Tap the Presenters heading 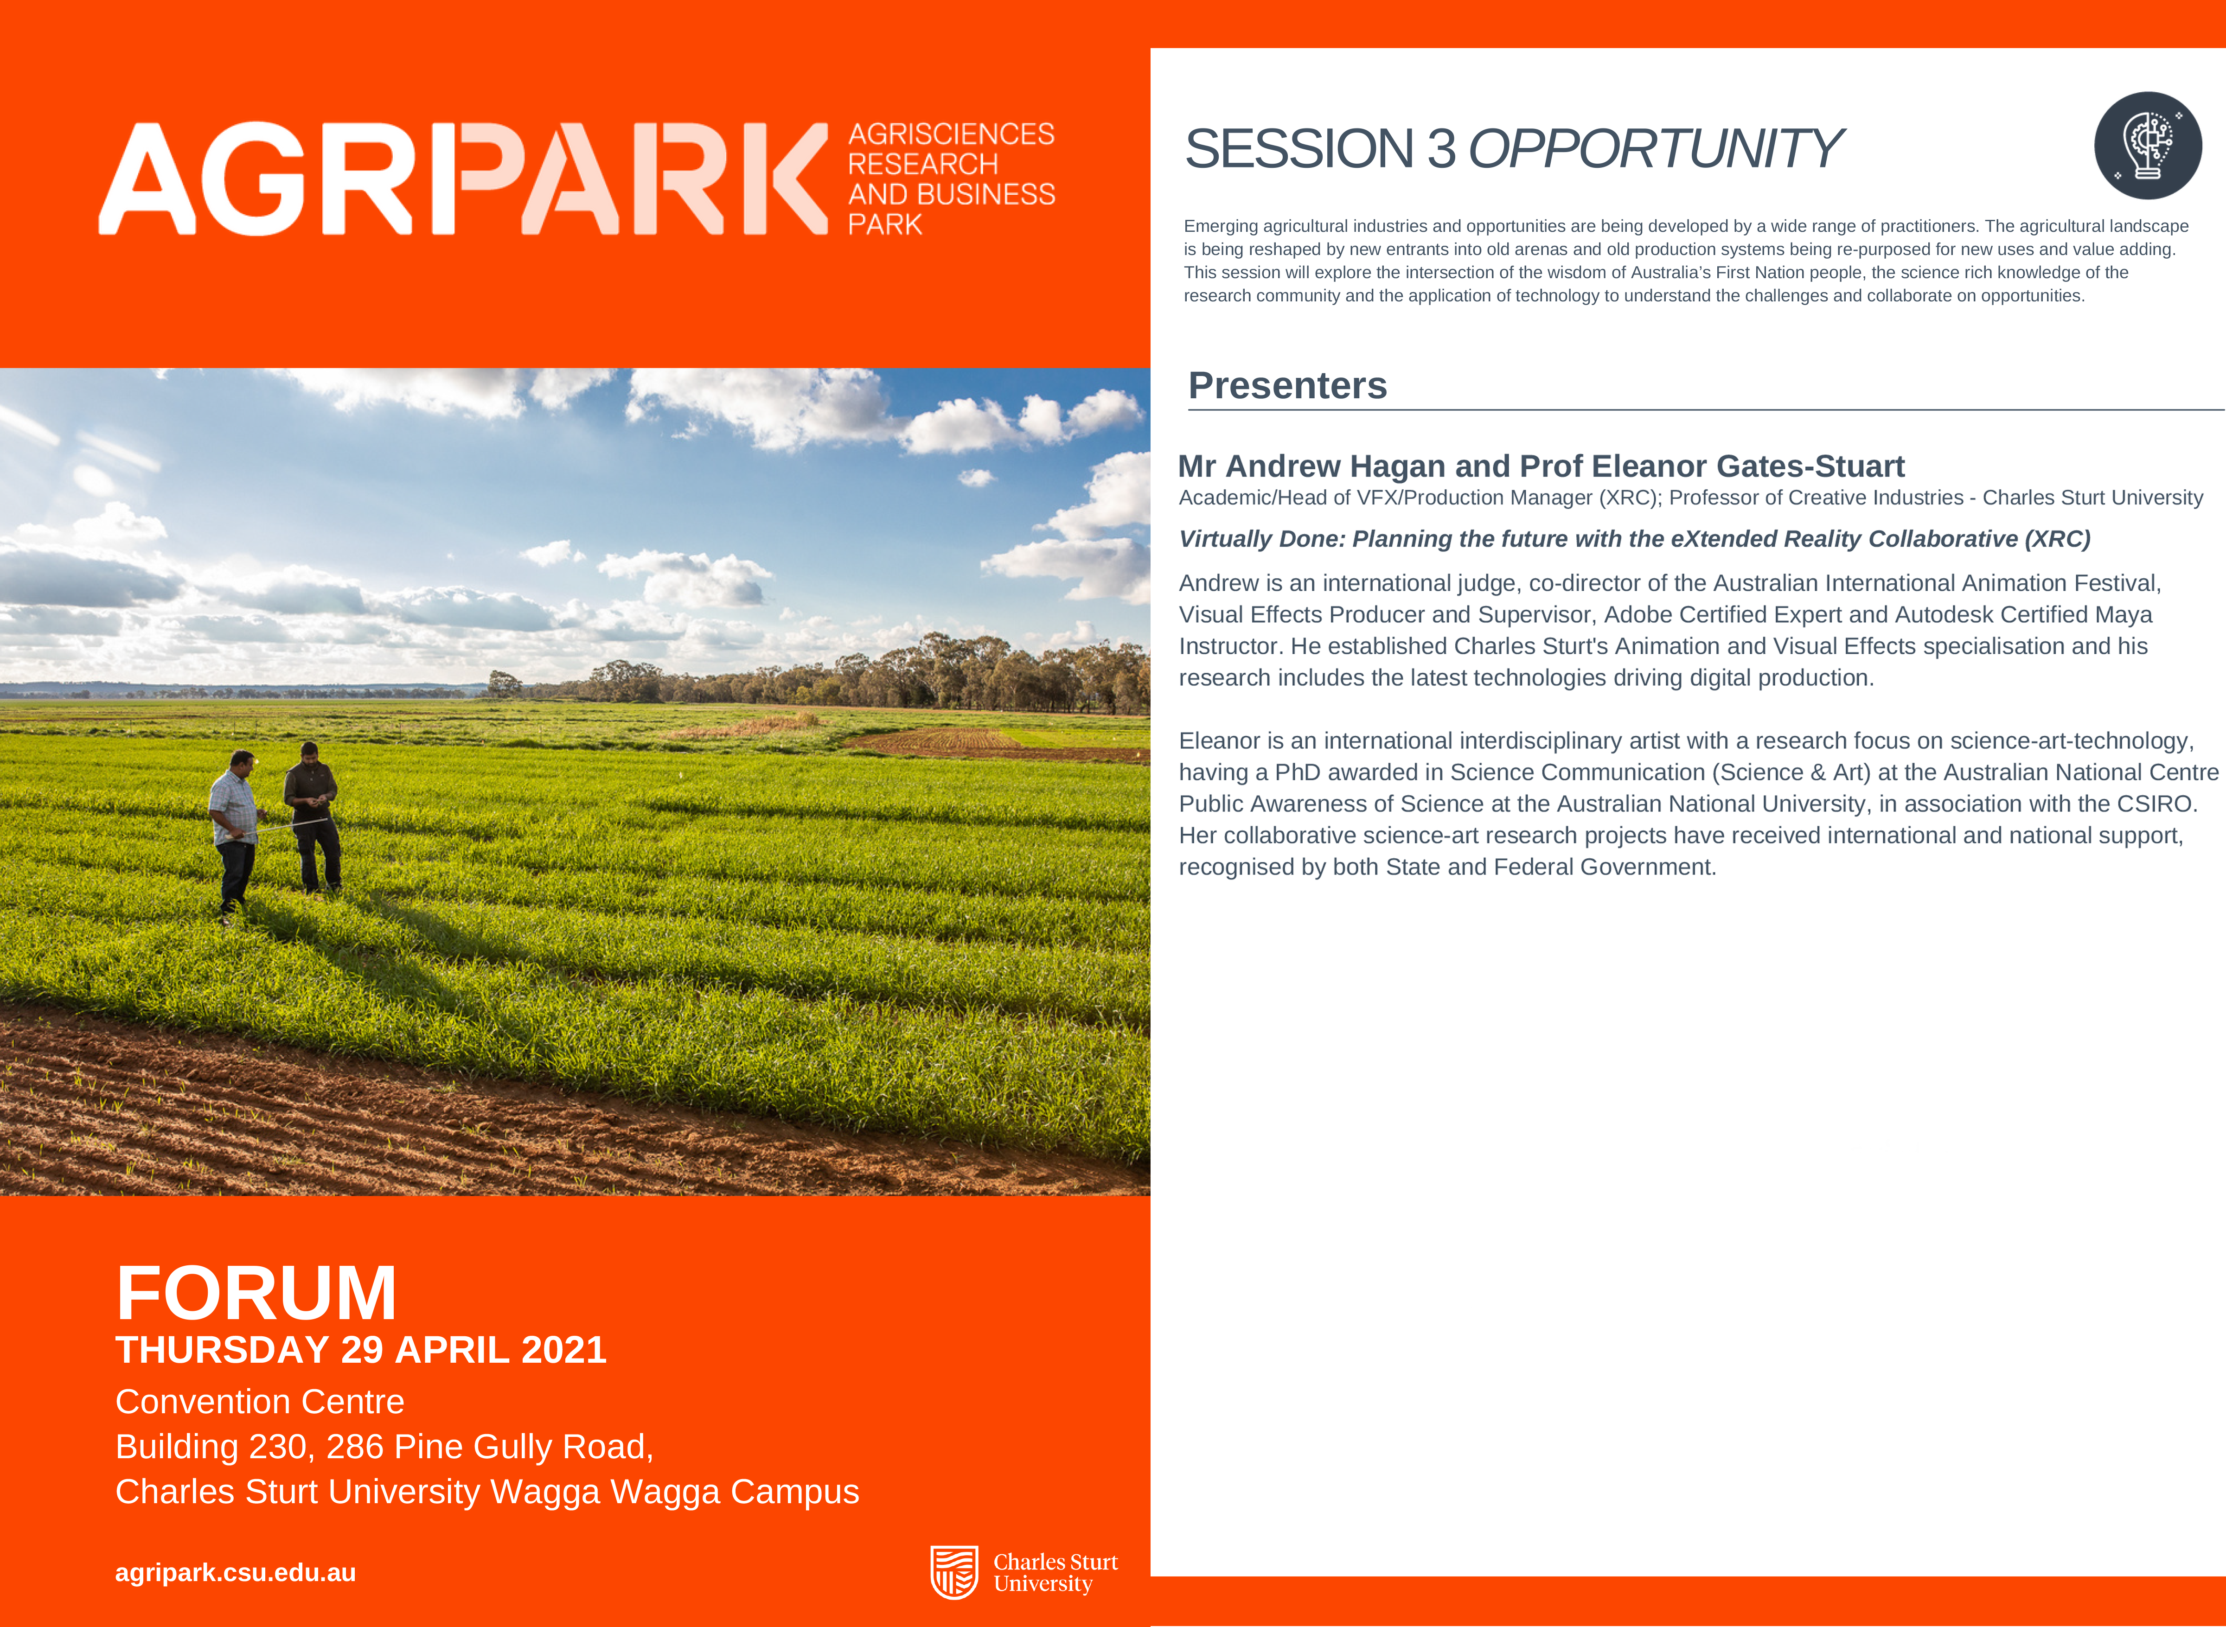tap(1287, 385)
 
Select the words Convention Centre tap(260, 1402)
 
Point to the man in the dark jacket tap(313, 817)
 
